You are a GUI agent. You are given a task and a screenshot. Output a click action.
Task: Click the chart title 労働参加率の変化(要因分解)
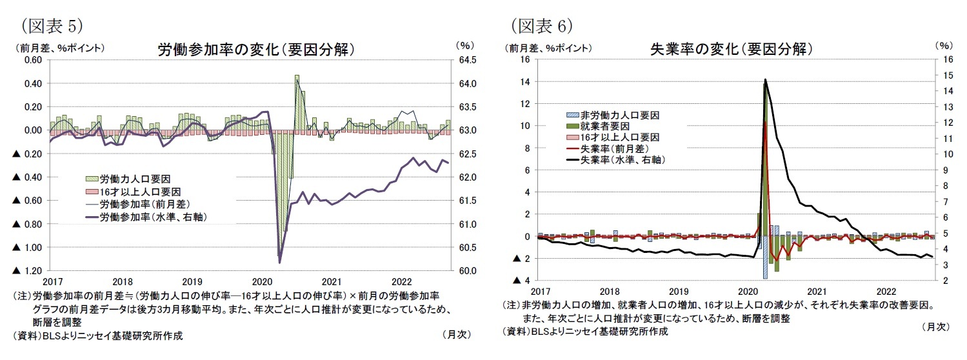[x=256, y=50]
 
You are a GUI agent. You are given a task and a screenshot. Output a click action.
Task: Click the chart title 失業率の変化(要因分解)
[x=731, y=49]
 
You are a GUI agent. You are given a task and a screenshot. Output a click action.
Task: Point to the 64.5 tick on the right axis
[x=468, y=60]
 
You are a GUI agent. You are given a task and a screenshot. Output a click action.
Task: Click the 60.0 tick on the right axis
[x=468, y=271]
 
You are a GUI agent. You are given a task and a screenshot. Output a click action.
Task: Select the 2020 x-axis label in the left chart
[x=262, y=282]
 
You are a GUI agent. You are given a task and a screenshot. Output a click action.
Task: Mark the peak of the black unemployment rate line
[x=765, y=79]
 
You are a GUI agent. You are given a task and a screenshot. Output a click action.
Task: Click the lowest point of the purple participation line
[x=279, y=262]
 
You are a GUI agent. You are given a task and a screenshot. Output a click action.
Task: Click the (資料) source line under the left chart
[x=97, y=335]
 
